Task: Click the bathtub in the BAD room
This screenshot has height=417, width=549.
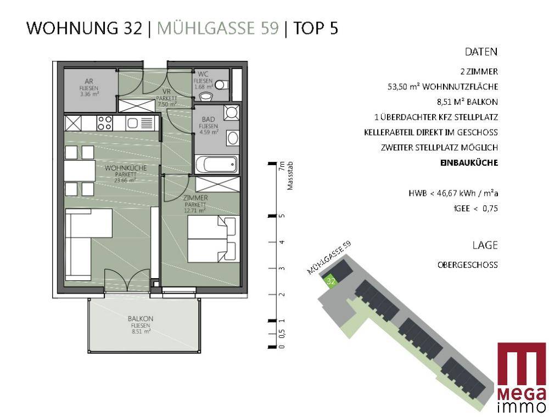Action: (x=216, y=164)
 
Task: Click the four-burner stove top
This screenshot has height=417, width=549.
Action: (x=105, y=123)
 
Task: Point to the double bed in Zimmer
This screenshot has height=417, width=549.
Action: (x=214, y=239)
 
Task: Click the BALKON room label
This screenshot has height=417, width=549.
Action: (x=141, y=319)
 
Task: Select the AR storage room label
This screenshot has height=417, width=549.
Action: (x=89, y=82)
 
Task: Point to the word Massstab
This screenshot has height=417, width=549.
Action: (x=290, y=176)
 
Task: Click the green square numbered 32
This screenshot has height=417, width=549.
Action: (x=330, y=281)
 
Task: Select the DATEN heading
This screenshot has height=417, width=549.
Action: (x=481, y=52)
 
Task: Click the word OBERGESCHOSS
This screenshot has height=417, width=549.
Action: (x=467, y=265)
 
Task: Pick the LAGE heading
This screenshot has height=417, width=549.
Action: (x=485, y=245)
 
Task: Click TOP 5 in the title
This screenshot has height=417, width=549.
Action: (x=316, y=29)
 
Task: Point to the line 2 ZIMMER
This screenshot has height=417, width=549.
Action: (x=479, y=72)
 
